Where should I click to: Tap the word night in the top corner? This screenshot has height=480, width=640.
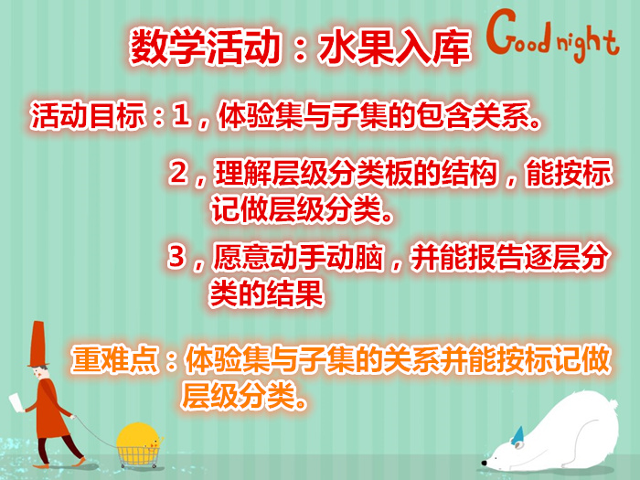(588, 42)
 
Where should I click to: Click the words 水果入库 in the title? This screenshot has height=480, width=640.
(393, 46)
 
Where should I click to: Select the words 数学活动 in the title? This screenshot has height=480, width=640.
(205, 46)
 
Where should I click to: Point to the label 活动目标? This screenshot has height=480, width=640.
(88, 115)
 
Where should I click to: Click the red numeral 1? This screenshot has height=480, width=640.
(180, 115)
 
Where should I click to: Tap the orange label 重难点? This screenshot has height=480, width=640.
(114, 360)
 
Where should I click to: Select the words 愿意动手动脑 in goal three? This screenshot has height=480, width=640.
(298, 257)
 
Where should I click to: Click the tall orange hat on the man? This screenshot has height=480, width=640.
(38, 344)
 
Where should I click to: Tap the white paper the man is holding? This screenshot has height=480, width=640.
(16, 402)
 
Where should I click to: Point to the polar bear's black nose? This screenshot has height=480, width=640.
(485, 464)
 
